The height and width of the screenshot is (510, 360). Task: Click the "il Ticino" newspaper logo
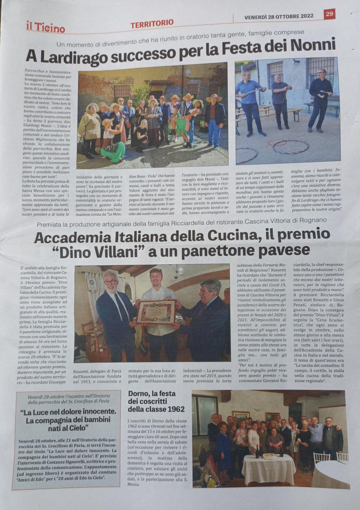coord(45,28)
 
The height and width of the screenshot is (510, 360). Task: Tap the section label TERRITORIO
coord(152,24)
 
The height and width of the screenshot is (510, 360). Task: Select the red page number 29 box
coord(329,14)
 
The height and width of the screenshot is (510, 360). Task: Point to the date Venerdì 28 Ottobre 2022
coord(279,17)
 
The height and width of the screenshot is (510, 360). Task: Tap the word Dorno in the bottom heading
coord(139,393)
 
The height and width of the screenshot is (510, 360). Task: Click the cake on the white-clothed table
coord(269,456)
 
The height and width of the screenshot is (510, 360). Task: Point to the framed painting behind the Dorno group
coord(241,415)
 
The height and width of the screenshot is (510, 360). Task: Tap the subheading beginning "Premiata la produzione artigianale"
coord(181,220)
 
